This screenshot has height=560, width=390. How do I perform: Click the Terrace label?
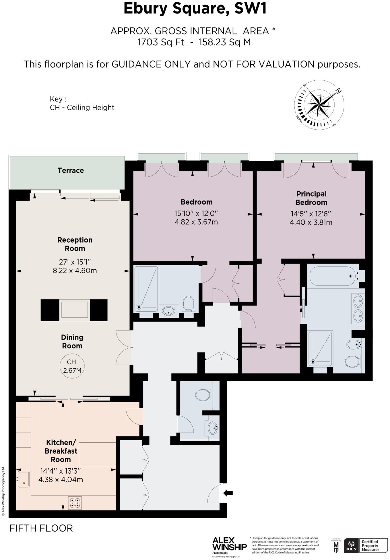[71, 170]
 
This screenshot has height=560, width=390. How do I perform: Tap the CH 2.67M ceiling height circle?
[72, 366]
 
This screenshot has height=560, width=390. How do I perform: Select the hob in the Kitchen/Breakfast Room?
[75, 503]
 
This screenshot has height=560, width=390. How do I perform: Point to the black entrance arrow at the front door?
[228, 493]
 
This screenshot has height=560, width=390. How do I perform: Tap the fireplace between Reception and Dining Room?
[74, 310]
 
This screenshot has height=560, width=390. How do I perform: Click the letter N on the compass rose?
[339, 91]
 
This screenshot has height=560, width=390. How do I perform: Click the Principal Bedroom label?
[311, 198]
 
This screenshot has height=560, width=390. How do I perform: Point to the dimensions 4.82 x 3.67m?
[196, 222]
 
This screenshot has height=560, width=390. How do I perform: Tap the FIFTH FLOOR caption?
[41, 528]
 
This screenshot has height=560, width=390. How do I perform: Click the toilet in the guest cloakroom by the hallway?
[203, 395]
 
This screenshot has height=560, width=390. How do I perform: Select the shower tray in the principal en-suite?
[320, 349]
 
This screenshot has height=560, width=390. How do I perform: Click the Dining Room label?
[72, 342]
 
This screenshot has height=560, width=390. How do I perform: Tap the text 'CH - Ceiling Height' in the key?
[82, 107]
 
